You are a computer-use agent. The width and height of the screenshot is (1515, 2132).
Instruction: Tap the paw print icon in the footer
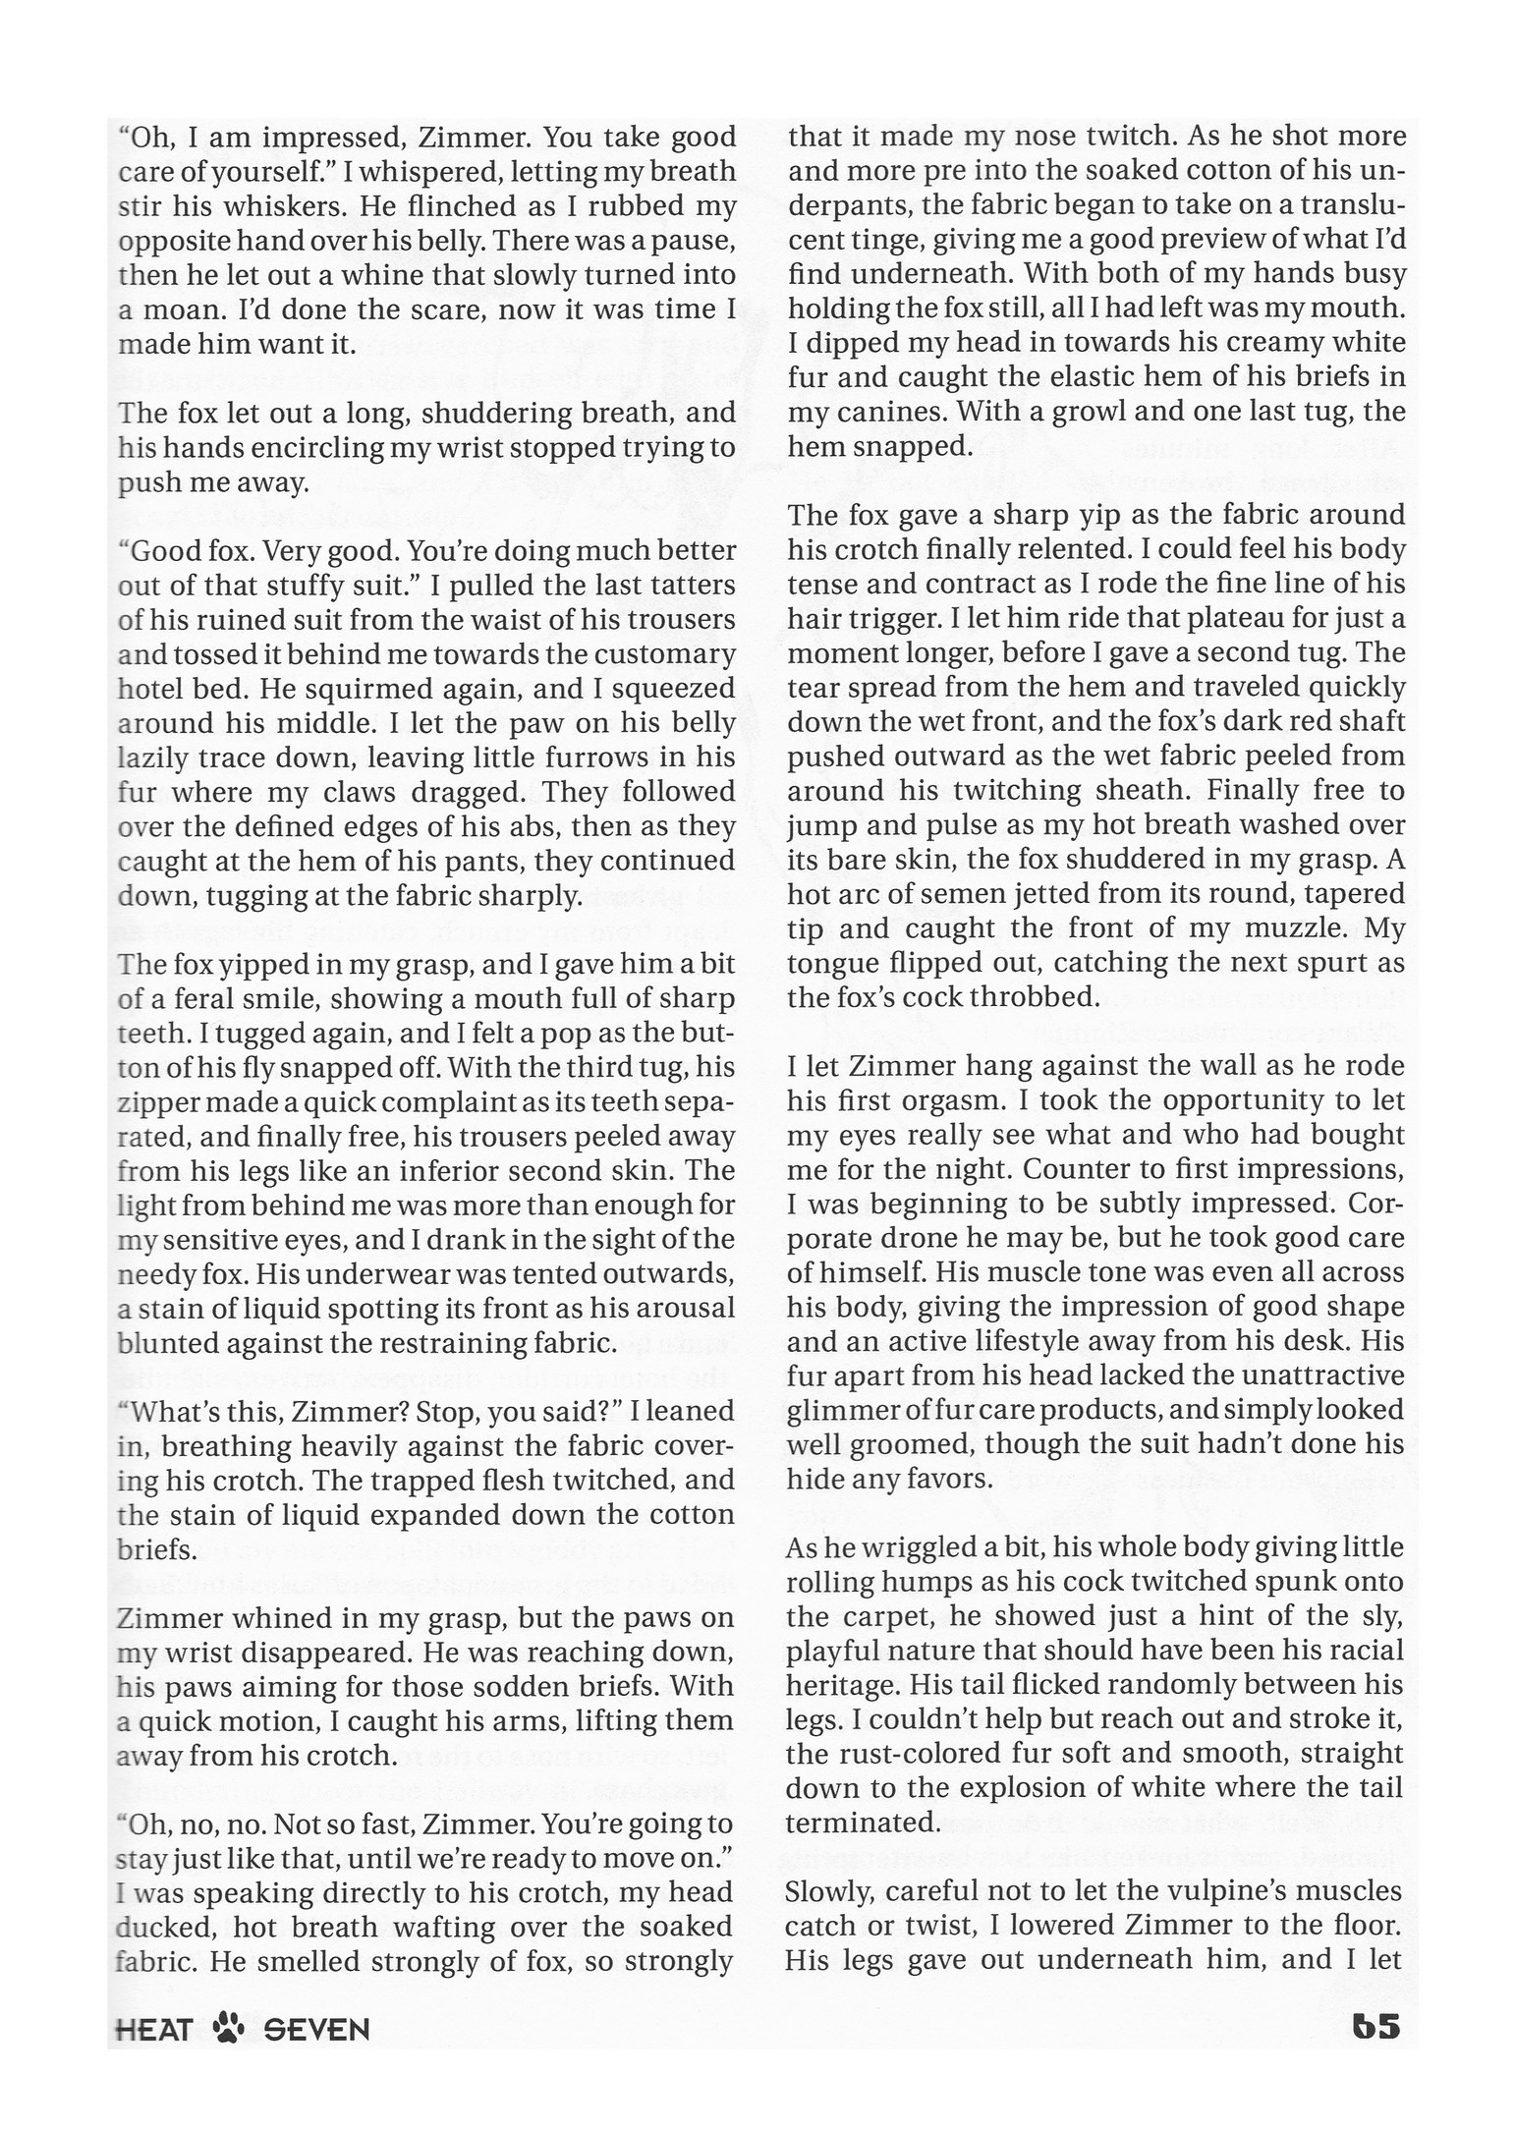click(x=228, y=2027)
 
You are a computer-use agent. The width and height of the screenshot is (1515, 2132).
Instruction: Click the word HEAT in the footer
click(x=153, y=2028)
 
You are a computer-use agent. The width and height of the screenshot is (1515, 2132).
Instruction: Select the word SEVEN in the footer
click(x=316, y=2028)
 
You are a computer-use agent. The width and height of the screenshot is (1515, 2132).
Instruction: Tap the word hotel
click(x=149, y=689)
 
